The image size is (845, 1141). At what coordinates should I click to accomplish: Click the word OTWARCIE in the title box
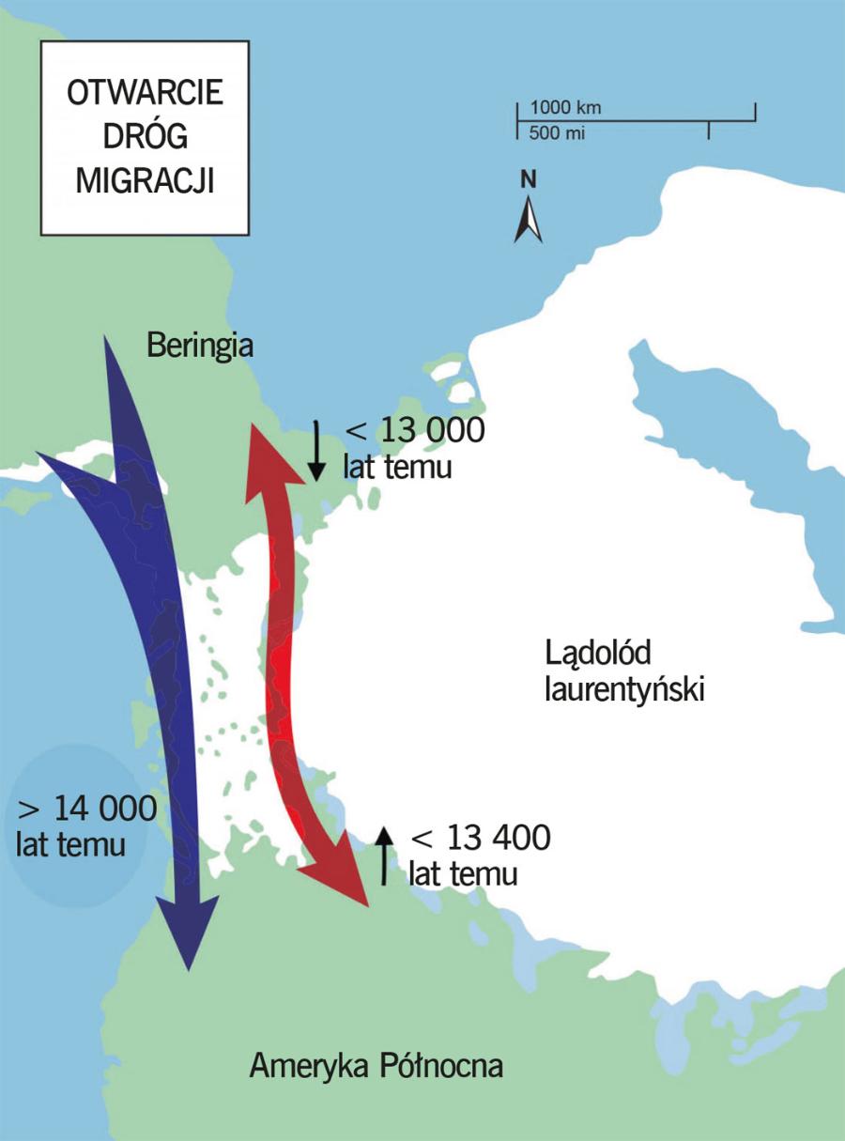[145, 96]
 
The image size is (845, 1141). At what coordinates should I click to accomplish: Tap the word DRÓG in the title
[145, 137]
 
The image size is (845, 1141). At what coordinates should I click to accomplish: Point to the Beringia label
[201, 347]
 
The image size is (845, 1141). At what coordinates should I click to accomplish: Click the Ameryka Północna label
[376, 1066]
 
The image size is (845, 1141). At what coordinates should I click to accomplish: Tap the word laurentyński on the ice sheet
[624, 690]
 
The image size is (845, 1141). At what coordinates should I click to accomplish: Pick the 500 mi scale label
[557, 133]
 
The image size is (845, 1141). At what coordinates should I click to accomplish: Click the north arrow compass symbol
[529, 220]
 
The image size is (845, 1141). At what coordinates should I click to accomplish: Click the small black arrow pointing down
[316, 448]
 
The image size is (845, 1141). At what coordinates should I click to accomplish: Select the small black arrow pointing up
[383, 856]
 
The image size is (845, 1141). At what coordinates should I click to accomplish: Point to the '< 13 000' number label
[415, 431]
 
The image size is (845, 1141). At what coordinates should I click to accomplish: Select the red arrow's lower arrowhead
[342, 880]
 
